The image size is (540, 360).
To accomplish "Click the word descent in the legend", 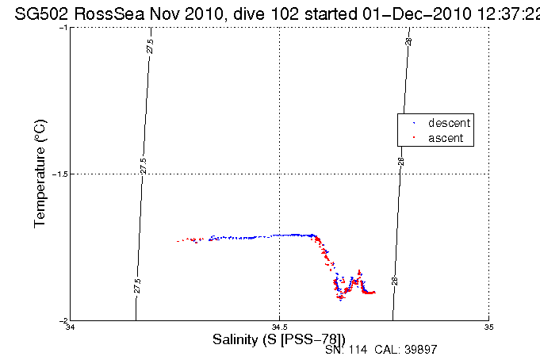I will [449, 123].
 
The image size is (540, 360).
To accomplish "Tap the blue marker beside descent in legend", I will [412, 124].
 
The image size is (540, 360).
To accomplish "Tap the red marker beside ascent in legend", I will [412, 139].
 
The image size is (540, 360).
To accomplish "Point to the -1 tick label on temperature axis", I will [63, 28].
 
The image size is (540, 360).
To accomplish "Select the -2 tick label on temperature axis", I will [63, 320].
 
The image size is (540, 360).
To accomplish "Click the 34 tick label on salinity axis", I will [71, 327].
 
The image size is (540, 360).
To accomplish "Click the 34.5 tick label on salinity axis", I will [279, 327].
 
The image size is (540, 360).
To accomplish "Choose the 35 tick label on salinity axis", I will [488, 327].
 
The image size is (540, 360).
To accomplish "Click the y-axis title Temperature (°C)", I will [41, 174].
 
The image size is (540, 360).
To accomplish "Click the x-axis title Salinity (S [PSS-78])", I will [279, 339].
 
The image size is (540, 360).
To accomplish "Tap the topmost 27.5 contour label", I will [150, 46].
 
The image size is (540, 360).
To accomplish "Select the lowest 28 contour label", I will [394, 281].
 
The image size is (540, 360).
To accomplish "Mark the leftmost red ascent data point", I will [178, 241].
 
